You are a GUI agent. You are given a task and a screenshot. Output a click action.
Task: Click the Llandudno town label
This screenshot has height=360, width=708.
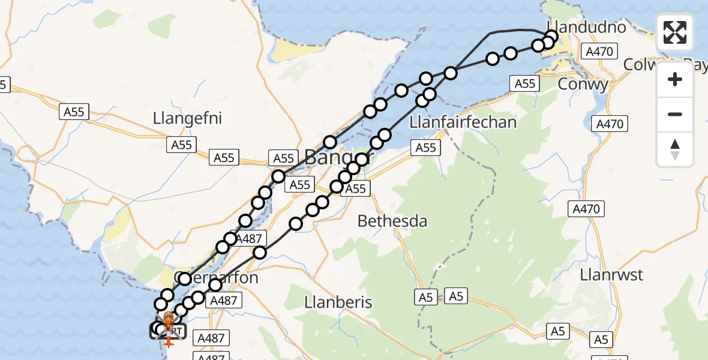586,28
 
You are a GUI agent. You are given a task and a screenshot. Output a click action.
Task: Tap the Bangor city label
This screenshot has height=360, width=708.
339,158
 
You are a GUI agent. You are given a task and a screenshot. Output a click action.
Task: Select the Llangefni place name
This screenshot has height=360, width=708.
187,118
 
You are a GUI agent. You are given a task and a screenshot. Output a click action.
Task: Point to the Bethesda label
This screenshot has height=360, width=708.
392,221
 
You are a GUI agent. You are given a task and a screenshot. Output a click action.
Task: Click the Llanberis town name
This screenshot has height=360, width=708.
338,302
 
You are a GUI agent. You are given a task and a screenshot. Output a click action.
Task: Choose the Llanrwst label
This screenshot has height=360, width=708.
611,275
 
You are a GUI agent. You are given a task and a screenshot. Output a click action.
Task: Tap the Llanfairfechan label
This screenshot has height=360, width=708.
463,123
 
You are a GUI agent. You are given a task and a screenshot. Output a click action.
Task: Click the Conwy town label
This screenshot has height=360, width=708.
583,85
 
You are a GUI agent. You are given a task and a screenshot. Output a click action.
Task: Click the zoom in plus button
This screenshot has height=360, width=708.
675,79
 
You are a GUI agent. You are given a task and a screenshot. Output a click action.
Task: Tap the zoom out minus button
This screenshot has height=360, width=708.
675,114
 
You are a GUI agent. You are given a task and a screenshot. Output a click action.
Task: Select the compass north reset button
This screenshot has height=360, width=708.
675,149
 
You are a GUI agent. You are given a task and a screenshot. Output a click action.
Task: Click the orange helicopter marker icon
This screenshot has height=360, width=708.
169,318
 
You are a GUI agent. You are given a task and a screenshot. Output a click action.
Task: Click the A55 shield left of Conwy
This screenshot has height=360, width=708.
525,84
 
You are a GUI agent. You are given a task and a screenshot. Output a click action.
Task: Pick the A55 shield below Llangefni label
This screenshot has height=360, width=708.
181,145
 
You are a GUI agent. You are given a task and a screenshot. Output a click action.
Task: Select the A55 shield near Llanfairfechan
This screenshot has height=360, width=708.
425,148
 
